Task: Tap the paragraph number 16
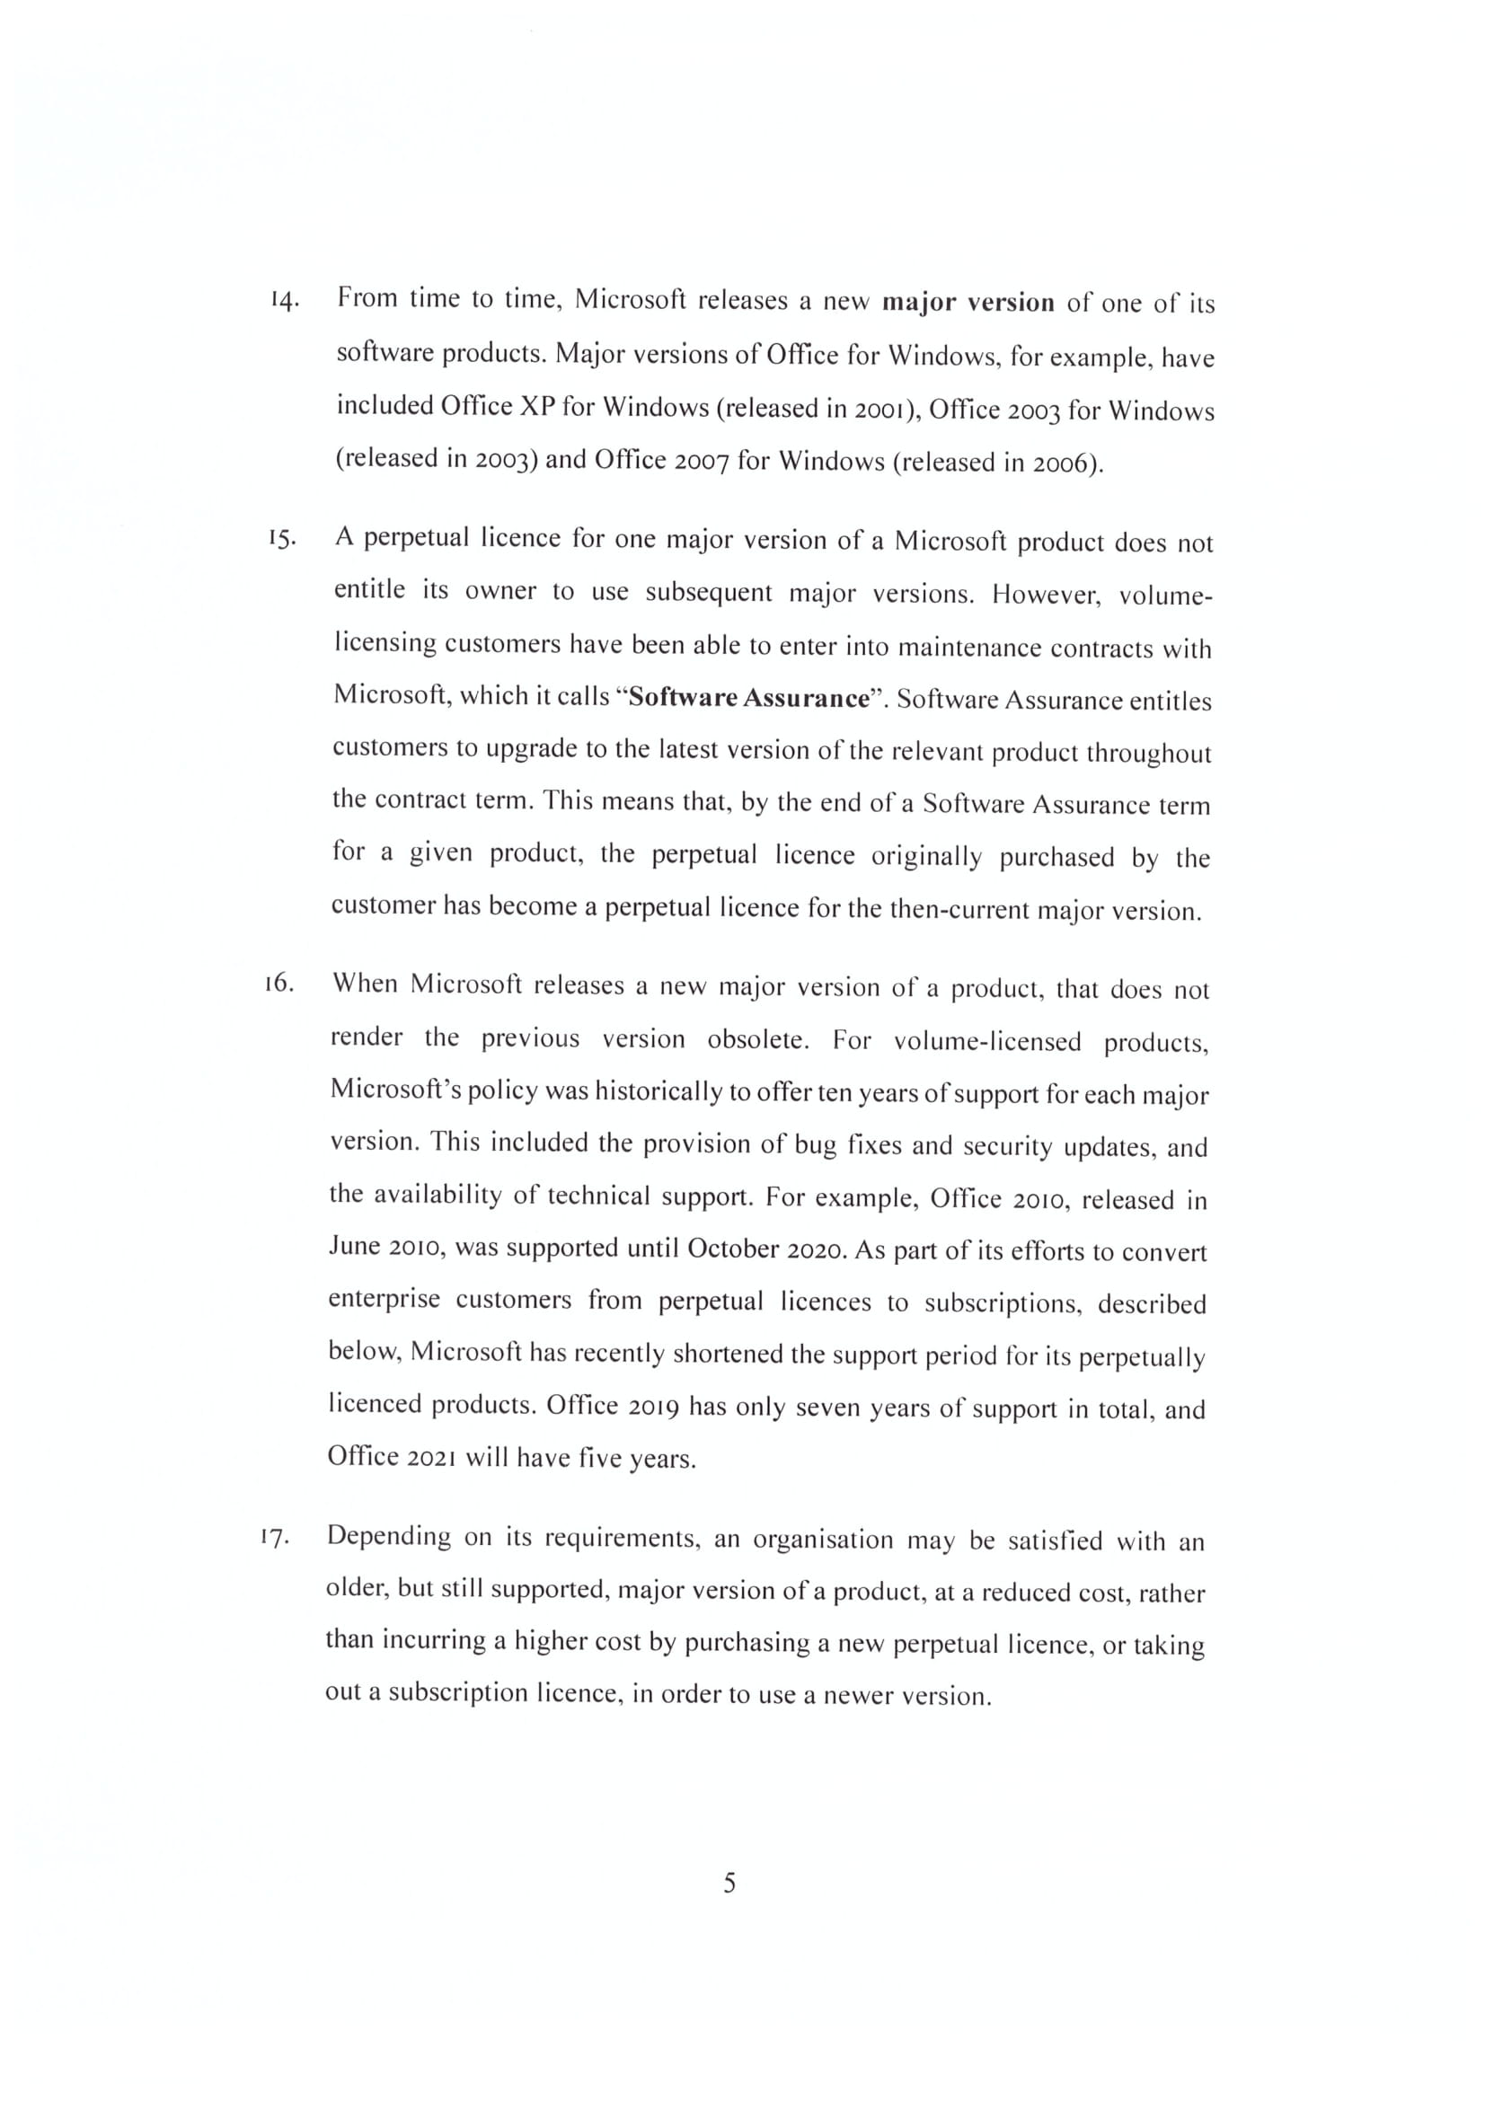[x=278, y=984]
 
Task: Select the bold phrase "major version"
[x=968, y=303]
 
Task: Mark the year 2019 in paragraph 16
[x=653, y=1407]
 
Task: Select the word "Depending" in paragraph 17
[x=389, y=1537]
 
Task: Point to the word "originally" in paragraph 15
[x=928, y=857]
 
